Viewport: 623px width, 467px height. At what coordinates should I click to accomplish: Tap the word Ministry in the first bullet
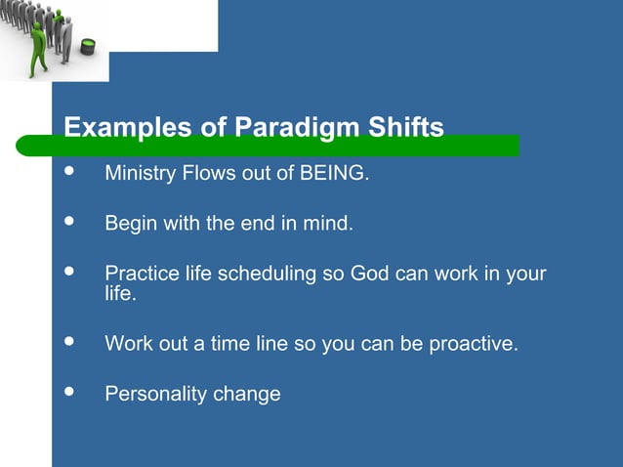(x=139, y=175)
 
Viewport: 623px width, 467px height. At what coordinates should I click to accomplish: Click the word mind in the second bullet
(x=327, y=224)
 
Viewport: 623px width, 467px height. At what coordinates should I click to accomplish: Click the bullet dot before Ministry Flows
(x=68, y=173)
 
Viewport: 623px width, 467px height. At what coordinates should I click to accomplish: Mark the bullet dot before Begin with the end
(x=68, y=222)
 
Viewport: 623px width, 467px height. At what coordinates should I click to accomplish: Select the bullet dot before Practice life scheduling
(x=68, y=271)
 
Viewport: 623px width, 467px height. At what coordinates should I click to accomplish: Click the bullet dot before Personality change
(x=68, y=392)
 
